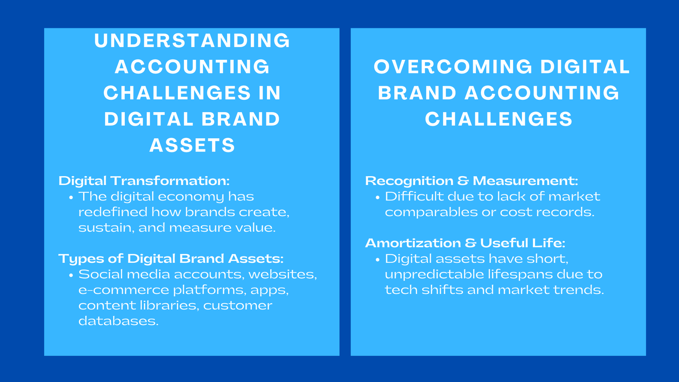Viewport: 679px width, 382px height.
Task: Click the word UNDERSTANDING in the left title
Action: tap(192, 41)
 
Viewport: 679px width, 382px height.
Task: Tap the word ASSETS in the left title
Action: tap(192, 146)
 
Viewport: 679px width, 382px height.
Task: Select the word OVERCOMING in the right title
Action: tap(453, 67)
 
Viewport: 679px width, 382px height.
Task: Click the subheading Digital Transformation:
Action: tap(144, 181)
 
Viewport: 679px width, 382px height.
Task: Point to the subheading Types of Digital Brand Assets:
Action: tap(171, 258)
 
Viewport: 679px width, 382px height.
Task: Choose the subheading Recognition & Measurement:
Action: tap(471, 181)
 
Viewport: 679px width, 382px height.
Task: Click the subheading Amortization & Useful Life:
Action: tap(465, 243)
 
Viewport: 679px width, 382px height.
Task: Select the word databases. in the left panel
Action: tap(118, 321)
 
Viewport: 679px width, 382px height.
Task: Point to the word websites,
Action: tap(283, 274)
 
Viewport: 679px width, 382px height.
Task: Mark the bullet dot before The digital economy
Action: tap(71, 197)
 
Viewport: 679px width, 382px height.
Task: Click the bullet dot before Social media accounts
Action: tap(71, 275)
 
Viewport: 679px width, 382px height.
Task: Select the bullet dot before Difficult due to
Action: tap(377, 197)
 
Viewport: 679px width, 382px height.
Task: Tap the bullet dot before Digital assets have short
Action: tap(377, 259)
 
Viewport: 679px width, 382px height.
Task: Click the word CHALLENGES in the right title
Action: tap(498, 119)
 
